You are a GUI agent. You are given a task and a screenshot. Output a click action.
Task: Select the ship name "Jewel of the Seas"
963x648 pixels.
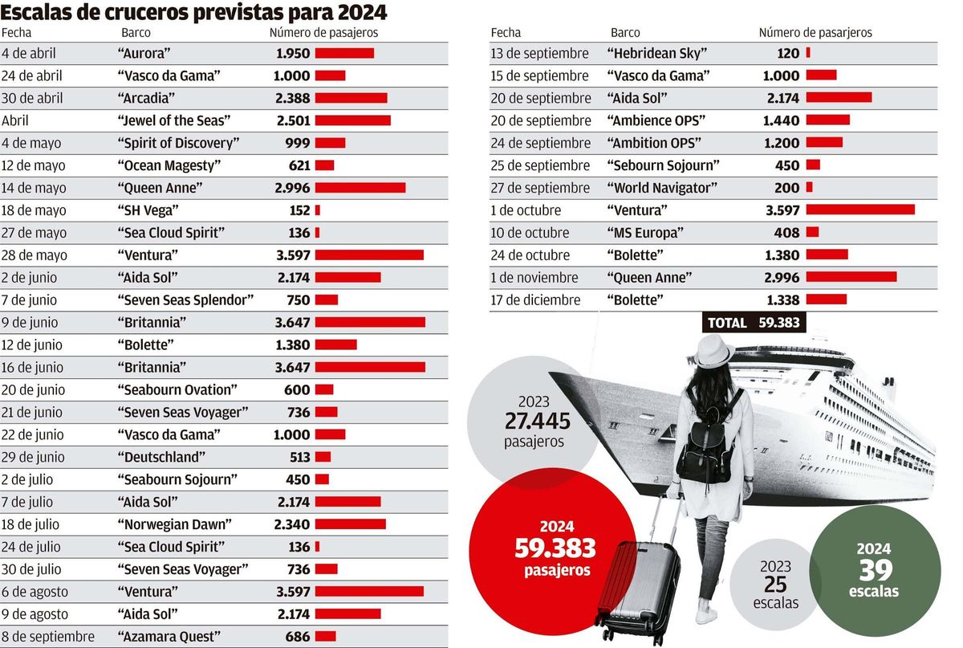[174, 120]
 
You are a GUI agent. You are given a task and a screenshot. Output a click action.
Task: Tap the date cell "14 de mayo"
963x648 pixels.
[34, 188]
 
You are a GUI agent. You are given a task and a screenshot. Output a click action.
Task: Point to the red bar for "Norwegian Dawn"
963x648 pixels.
[350, 524]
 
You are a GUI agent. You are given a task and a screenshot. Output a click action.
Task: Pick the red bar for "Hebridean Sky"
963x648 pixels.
[807, 53]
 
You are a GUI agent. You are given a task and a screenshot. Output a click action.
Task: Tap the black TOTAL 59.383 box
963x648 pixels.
[754, 323]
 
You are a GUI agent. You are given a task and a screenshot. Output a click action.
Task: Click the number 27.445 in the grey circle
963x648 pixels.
[537, 421]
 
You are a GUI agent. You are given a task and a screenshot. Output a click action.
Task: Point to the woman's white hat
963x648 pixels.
[713, 351]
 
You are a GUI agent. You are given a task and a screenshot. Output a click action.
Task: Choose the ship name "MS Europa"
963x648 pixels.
[646, 233]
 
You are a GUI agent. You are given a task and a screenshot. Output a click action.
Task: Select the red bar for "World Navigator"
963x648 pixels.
[809, 188]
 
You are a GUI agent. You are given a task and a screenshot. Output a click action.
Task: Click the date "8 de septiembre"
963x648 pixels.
[48, 637]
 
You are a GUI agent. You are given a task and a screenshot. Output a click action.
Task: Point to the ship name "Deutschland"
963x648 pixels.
[161, 457]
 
